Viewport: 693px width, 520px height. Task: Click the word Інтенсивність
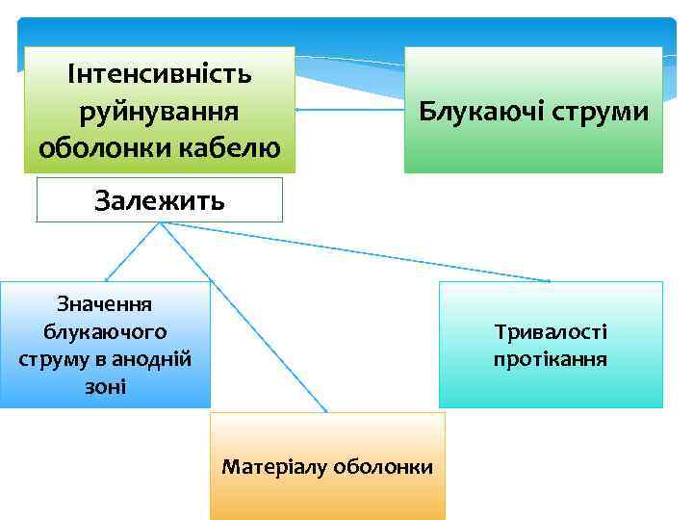pyautogui.click(x=160, y=73)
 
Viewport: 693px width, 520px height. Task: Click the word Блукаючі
pyautogui.click(x=477, y=112)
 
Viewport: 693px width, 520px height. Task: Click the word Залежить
pyautogui.click(x=160, y=200)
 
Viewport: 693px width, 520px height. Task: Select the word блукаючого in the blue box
pyautogui.click(x=105, y=331)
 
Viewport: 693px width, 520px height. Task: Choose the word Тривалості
pyautogui.click(x=551, y=332)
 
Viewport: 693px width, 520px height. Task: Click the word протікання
pyautogui.click(x=551, y=359)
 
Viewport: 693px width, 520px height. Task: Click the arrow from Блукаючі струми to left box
pyautogui.click(x=348, y=110)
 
